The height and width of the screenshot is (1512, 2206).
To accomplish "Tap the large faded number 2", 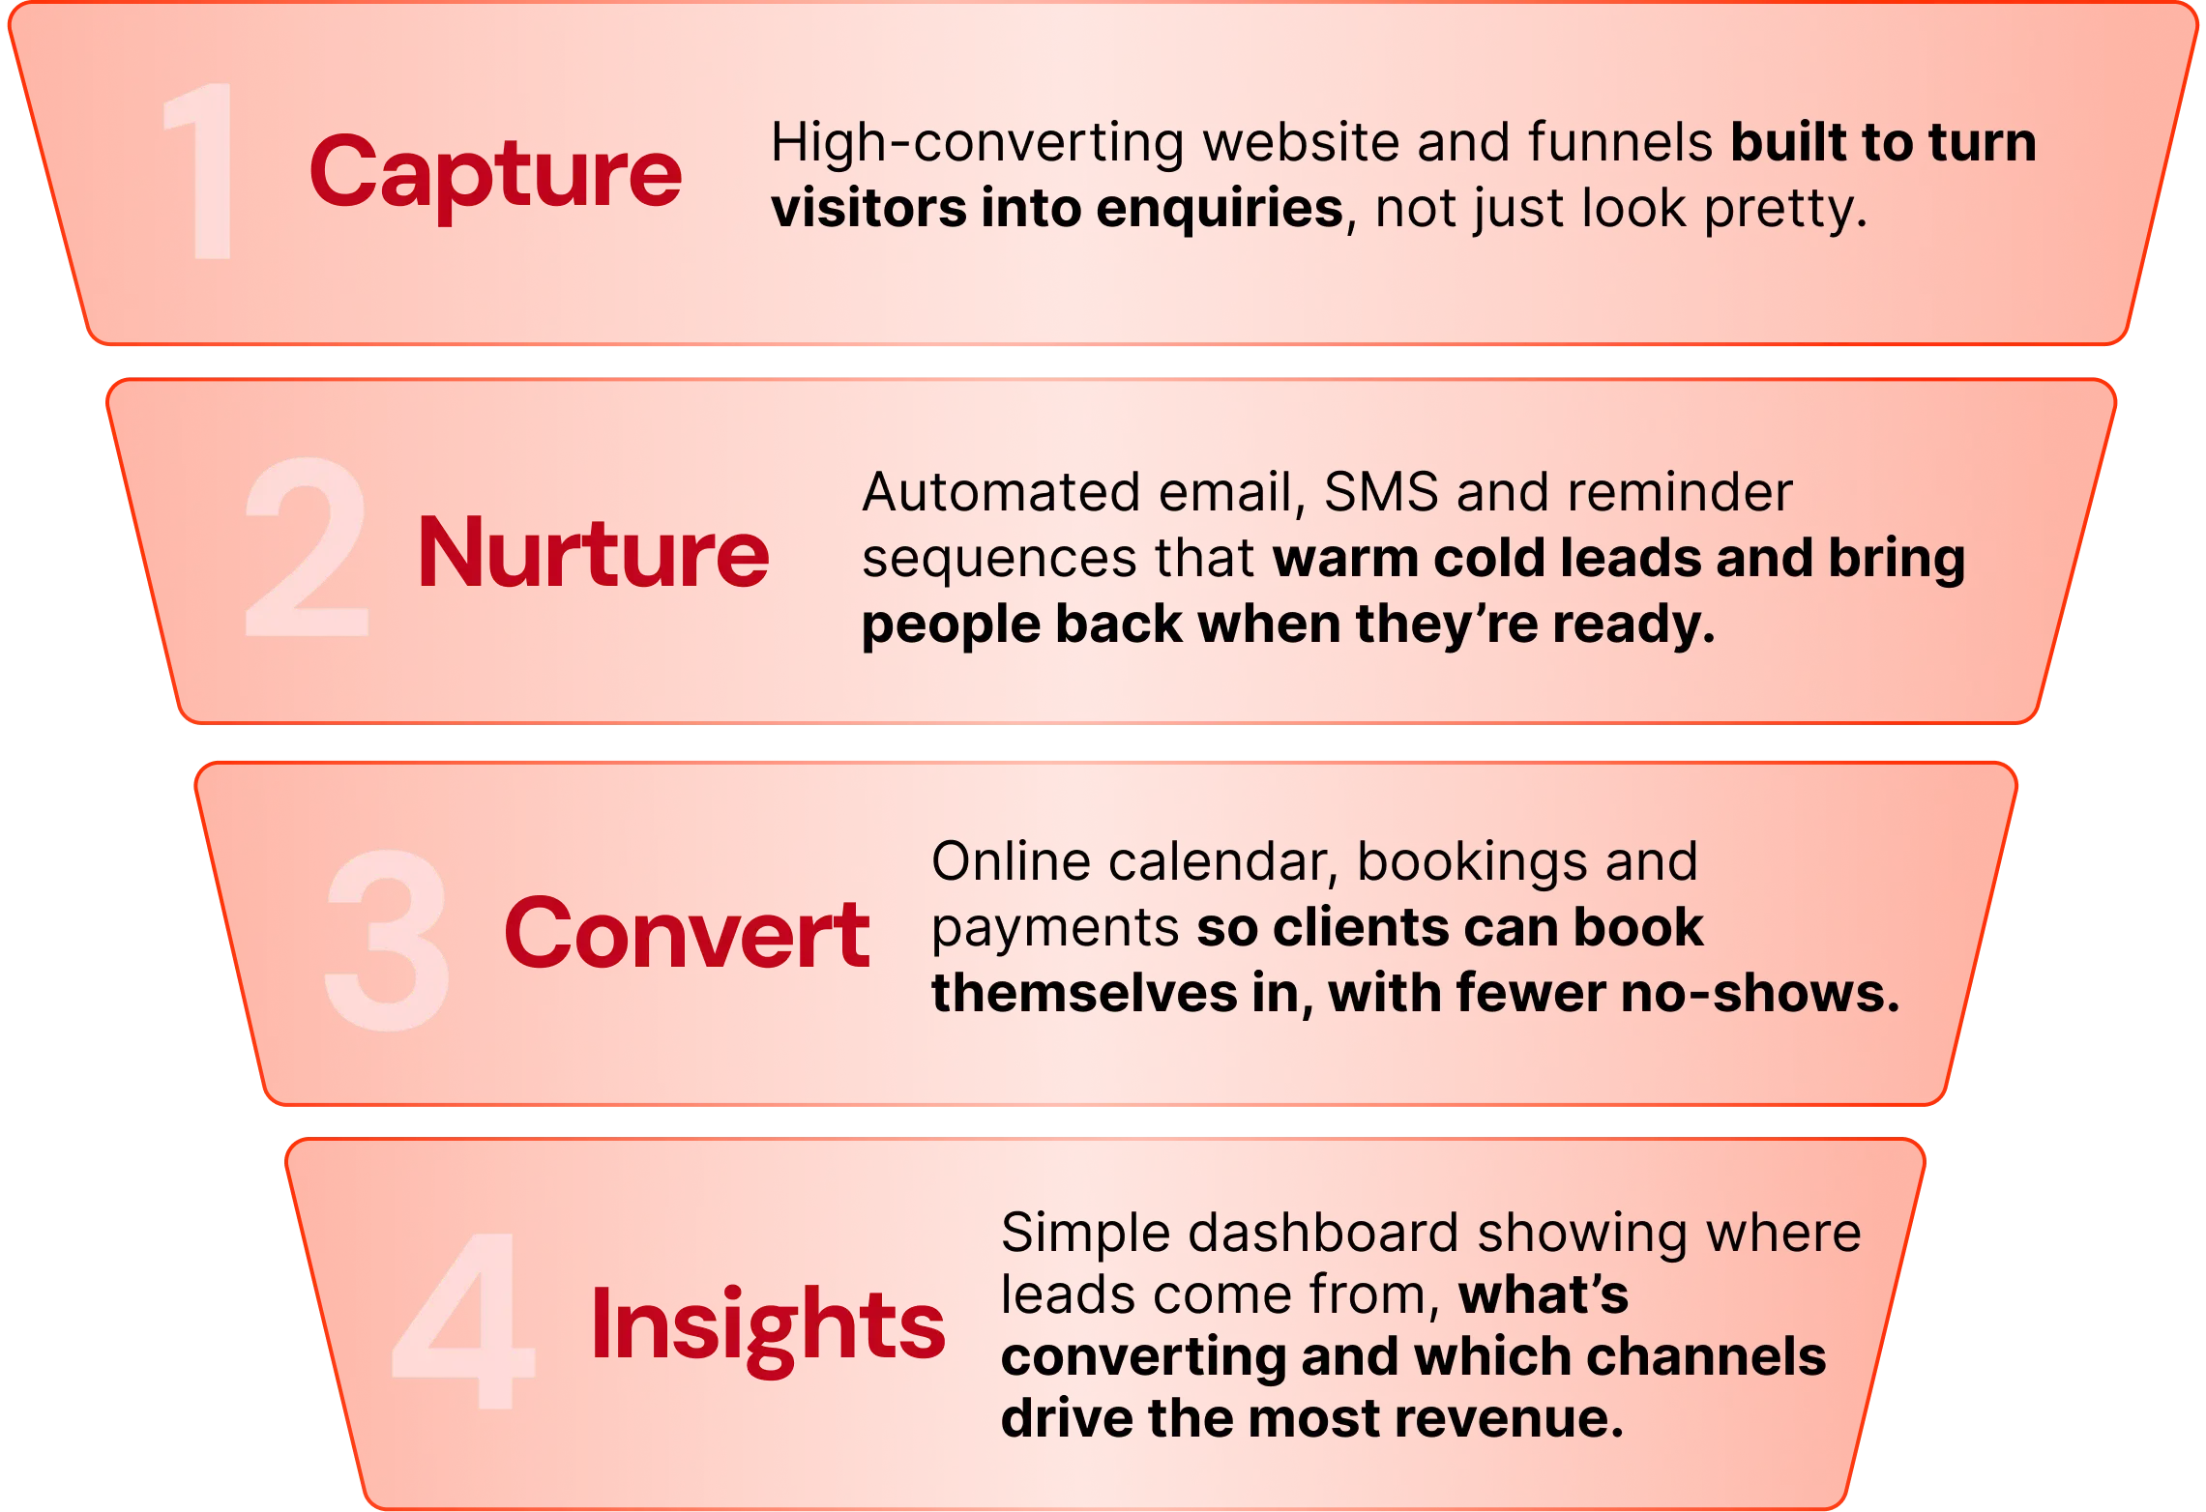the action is point(307,546).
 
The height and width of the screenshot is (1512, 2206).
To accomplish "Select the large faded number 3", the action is point(387,940).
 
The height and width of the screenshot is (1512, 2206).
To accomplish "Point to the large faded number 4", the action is point(463,1321).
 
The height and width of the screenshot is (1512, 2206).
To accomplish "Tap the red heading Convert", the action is point(687,932).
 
